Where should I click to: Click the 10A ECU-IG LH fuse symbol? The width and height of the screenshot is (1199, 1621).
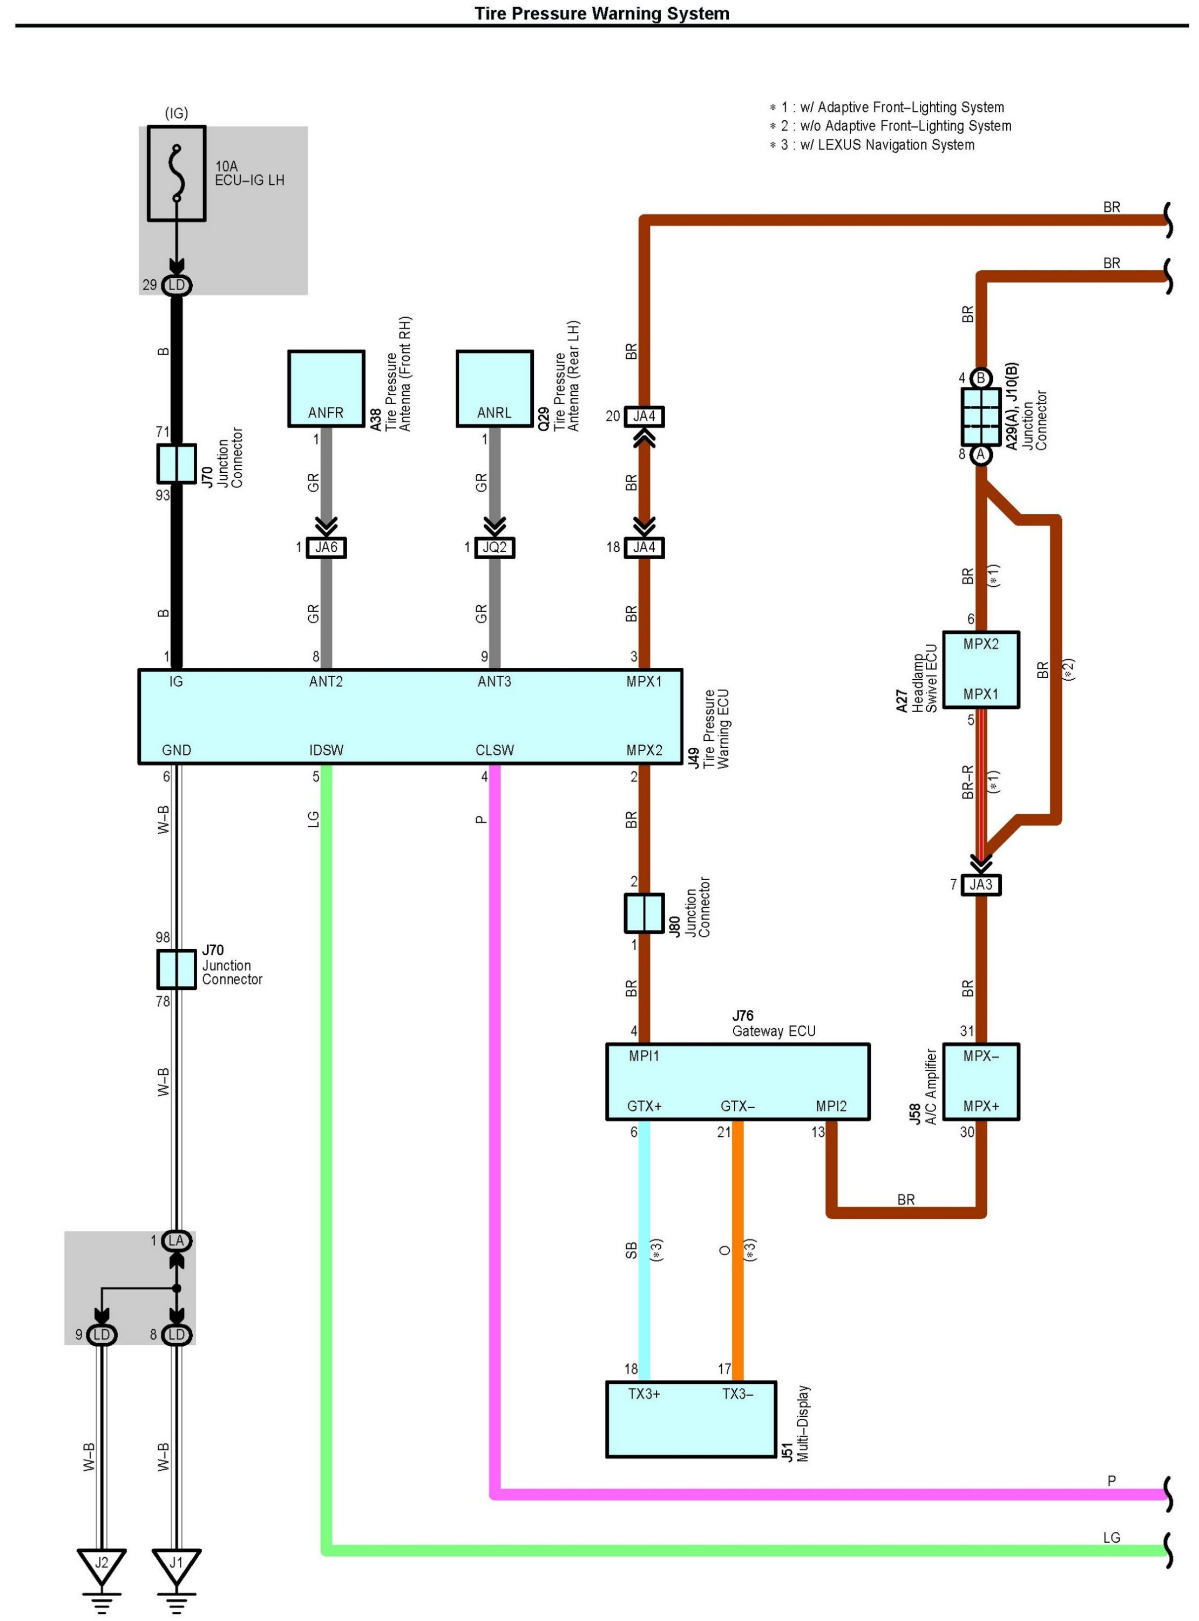click(177, 173)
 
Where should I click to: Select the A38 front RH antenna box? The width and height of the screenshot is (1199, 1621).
click(326, 388)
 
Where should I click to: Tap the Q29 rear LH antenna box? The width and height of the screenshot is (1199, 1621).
click(494, 388)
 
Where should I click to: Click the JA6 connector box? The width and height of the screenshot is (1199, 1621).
click(326, 547)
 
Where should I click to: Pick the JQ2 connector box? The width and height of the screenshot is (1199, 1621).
click(494, 547)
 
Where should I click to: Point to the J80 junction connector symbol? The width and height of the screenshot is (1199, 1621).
click(644, 913)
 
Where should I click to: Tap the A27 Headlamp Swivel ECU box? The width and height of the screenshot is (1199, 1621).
click(980, 669)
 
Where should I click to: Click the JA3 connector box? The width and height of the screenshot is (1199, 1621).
click(980, 885)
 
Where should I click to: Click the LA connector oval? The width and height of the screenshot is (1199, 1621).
click(177, 1241)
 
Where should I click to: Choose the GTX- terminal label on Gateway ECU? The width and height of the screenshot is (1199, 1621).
click(737, 1106)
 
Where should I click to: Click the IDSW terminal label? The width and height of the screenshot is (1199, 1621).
click(326, 750)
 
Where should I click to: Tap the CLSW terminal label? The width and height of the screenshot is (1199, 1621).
click(494, 750)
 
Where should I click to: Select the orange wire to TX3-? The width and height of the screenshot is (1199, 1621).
click(737, 1249)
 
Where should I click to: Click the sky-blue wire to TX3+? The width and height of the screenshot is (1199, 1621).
click(644, 1249)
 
